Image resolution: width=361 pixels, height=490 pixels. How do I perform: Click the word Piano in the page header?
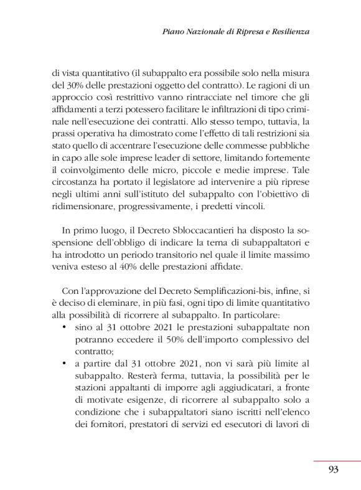[174, 31]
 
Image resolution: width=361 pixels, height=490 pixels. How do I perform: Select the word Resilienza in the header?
[288, 31]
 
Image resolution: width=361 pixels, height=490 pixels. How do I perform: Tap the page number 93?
[333, 469]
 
